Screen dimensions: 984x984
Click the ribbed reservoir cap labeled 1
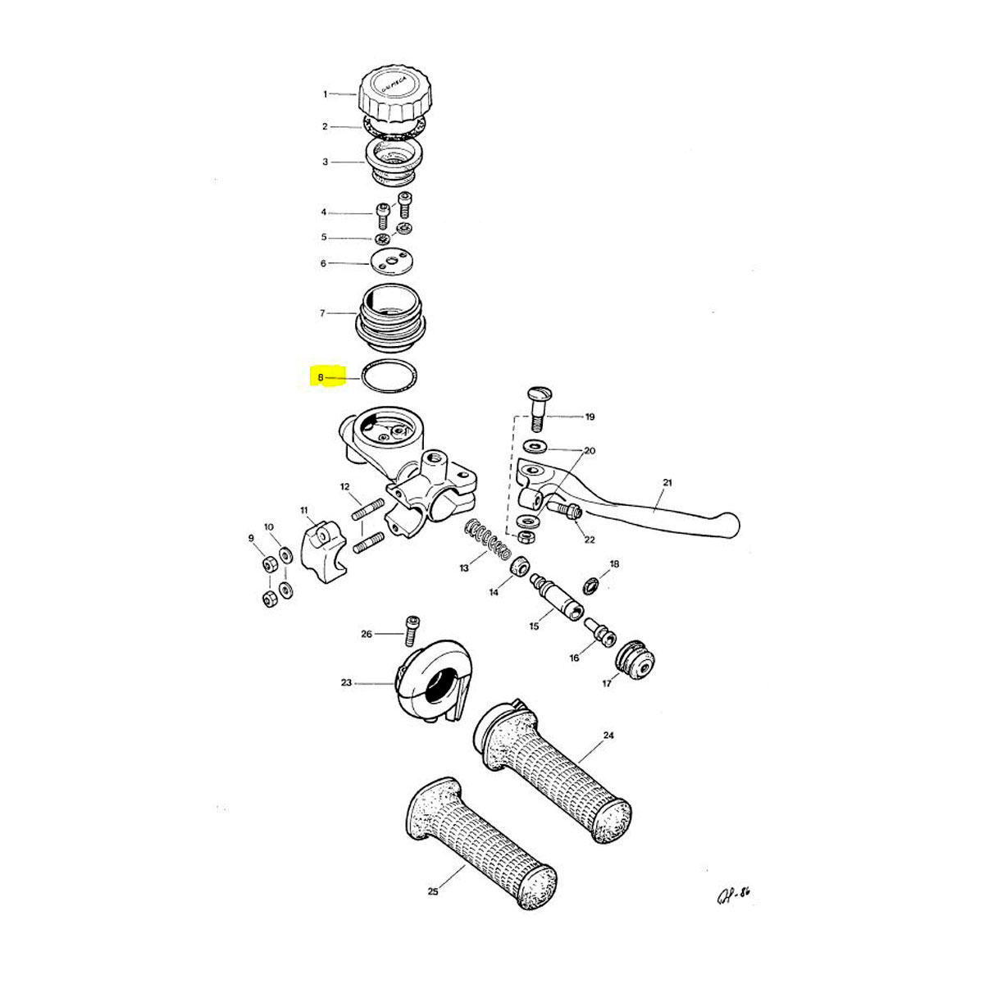pos(391,94)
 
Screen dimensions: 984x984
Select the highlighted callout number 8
pos(321,378)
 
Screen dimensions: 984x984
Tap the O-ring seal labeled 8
pos(391,377)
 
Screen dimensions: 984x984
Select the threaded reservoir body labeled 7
pos(391,316)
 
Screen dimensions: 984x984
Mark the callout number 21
pos(667,483)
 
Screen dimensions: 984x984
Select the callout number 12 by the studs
pos(345,487)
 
